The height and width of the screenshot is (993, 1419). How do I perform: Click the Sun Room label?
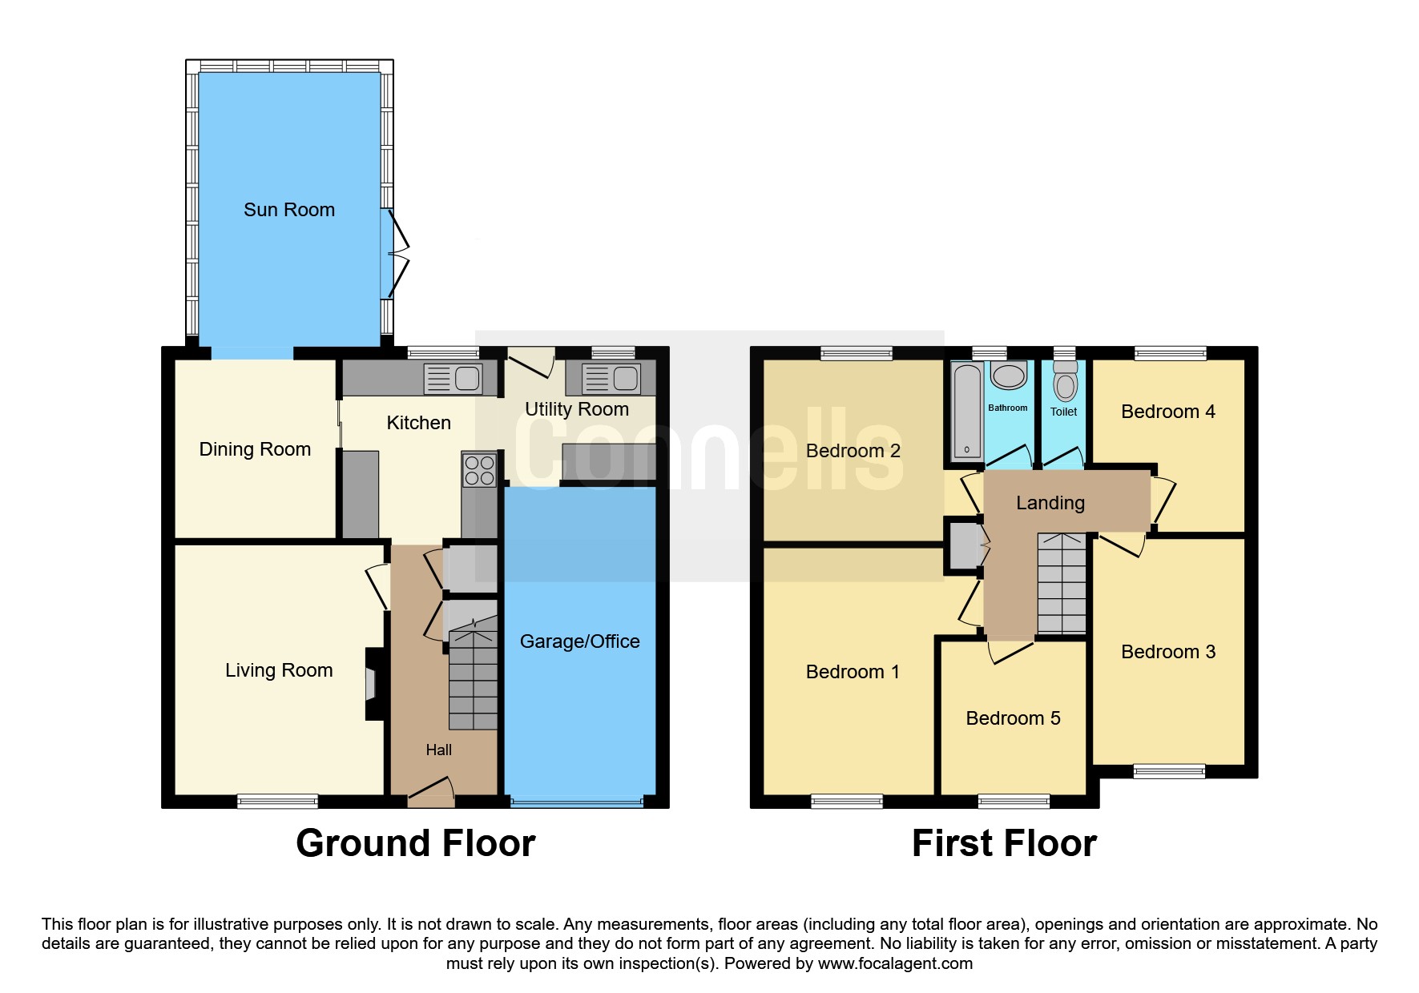pos(289,210)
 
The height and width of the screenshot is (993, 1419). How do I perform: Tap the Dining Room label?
pos(255,449)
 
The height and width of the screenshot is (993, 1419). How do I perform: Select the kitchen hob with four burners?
pos(479,470)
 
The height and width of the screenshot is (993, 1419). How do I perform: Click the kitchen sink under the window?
pos(453,378)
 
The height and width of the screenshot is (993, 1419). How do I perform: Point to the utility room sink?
pos(611,378)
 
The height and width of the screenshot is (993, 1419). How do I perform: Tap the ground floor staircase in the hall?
pos(473,680)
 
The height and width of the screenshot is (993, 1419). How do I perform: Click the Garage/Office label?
pos(580,641)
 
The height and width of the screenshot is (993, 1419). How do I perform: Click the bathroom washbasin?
pos(1009,376)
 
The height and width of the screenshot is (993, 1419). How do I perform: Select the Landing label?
pos(1050,503)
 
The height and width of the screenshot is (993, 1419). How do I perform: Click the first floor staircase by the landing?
pos(1062,584)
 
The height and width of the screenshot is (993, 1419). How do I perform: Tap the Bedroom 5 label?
pos(1013,718)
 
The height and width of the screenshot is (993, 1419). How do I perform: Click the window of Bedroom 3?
pos(1170,771)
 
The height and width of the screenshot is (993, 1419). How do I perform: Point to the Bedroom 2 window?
pos(857,352)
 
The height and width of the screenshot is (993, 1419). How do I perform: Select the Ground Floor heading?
pos(416,843)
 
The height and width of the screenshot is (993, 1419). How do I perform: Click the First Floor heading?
pos(1004,843)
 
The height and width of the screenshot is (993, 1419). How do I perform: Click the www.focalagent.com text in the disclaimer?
pos(895,963)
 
